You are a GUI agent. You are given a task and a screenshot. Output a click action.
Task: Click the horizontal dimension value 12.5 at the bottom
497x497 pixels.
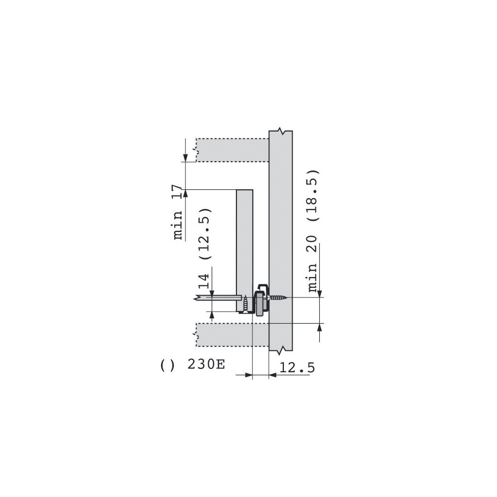(x=297, y=367)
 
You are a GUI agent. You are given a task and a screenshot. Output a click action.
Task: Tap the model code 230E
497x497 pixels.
(x=206, y=364)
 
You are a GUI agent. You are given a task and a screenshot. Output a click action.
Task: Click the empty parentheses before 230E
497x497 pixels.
(x=167, y=364)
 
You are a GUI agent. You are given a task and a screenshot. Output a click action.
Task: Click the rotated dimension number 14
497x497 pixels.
(x=205, y=282)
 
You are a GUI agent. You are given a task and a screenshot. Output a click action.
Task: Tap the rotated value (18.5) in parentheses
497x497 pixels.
(x=313, y=195)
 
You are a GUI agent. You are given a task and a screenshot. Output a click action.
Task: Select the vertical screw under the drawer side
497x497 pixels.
(x=246, y=304)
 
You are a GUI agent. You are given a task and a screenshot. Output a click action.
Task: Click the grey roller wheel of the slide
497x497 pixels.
(x=260, y=303)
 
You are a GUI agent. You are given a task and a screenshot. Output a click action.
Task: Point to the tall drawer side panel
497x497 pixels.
(x=245, y=243)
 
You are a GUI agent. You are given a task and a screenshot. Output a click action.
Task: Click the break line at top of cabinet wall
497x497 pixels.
(x=281, y=132)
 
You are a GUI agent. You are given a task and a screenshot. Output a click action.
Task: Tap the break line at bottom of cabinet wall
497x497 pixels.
(x=281, y=349)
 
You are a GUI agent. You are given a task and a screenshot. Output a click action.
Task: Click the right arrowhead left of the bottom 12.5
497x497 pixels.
(x=248, y=375)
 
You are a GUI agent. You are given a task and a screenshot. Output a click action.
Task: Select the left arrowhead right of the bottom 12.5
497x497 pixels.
(x=272, y=375)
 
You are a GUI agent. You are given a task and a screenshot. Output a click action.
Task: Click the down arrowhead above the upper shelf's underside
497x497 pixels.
(x=185, y=157)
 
